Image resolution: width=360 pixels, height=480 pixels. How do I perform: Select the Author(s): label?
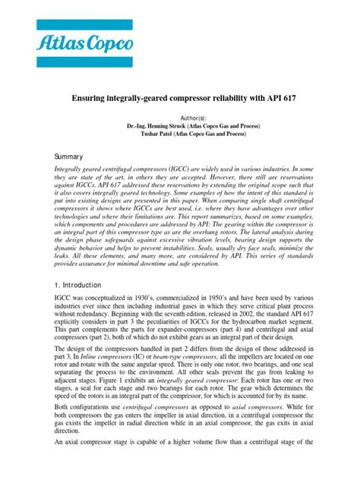tap(180, 118)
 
